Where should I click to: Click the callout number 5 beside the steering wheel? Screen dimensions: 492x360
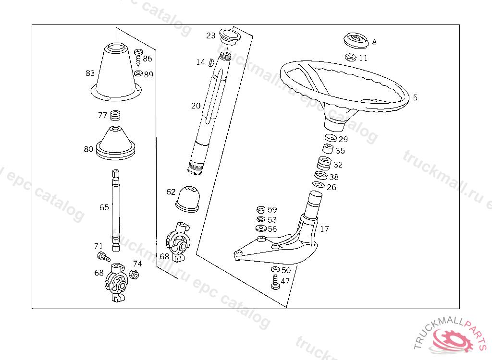(x=415, y=97)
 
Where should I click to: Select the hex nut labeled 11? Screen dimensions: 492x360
(x=351, y=58)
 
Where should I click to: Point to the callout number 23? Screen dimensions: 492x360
(x=211, y=36)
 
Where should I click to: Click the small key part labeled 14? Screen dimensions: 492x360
(x=211, y=62)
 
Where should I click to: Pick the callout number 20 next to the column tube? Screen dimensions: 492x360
(x=196, y=106)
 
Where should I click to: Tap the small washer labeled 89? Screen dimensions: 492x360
(x=138, y=73)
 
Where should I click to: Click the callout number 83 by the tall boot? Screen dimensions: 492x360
(x=90, y=73)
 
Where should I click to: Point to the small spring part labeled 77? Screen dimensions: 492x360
(x=115, y=116)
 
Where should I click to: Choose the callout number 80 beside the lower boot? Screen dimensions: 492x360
(x=88, y=149)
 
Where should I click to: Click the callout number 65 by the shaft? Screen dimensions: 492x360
(x=104, y=207)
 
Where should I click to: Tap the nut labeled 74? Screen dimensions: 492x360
(x=134, y=275)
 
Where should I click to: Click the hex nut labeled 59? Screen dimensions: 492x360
(x=261, y=209)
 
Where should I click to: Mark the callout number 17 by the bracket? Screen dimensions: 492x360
(x=324, y=229)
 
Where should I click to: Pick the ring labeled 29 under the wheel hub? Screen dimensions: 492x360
(x=330, y=139)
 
